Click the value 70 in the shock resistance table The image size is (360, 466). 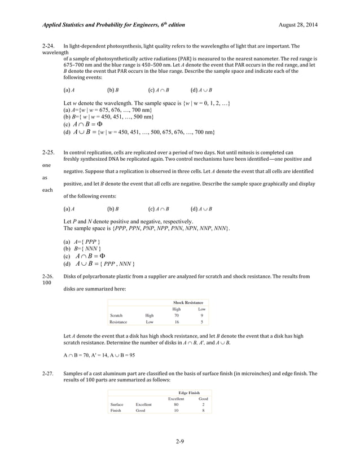pyautogui.click(x=177, y=315)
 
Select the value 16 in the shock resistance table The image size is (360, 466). pyautogui.click(x=177, y=322)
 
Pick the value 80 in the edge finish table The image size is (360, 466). pyautogui.click(x=177, y=405)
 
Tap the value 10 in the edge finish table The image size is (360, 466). pyautogui.click(x=177, y=411)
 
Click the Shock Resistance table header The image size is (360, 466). pyautogui.click(x=188, y=303)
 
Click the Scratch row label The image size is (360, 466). pyautogui.click(x=117, y=315)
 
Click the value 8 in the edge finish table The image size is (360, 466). pyautogui.click(x=203, y=411)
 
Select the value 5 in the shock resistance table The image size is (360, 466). pyautogui.click(x=202, y=322)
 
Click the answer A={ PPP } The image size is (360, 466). pyautogui.click(x=82, y=241)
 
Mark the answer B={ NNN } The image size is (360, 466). pyautogui.click(x=82, y=249)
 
